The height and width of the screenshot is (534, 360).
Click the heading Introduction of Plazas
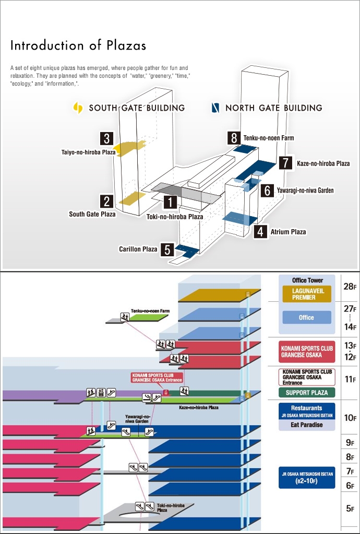(78, 45)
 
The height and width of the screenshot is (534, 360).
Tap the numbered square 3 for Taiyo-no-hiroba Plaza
(107, 138)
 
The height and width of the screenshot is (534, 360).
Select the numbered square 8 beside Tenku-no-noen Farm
(234, 138)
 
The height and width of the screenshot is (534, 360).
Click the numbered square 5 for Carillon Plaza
(167, 249)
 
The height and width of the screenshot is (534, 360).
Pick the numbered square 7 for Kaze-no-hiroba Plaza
(284, 163)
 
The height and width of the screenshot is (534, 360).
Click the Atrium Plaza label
(288, 232)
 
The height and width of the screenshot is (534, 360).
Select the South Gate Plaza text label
(92, 214)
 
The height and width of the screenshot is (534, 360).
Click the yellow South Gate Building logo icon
(78, 108)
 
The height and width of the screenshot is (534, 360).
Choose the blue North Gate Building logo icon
(214, 108)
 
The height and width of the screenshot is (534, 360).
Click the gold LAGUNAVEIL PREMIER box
(306, 294)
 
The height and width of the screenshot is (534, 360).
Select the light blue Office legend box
(306, 317)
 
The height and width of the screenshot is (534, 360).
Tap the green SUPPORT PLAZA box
(307, 393)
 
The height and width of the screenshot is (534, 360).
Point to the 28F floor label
(350, 287)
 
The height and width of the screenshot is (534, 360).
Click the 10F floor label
(350, 418)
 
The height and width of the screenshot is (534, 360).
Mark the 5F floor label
(350, 508)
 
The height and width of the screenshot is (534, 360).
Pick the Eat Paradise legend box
(306, 425)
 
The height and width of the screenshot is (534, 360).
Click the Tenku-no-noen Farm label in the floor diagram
(150, 311)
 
